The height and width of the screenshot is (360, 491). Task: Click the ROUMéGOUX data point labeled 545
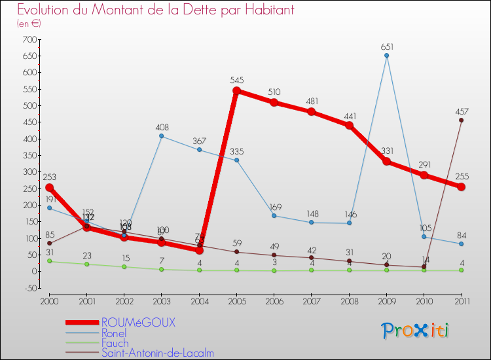click(x=236, y=91)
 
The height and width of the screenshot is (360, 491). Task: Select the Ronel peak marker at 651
click(x=386, y=56)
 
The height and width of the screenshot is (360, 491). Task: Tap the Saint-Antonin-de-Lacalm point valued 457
click(x=461, y=120)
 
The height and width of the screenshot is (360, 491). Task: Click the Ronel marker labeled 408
click(x=161, y=136)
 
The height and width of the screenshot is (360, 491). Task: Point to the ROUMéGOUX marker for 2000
click(x=49, y=187)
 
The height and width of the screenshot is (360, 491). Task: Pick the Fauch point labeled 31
click(x=49, y=261)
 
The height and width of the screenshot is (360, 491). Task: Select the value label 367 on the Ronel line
click(x=199, y=140)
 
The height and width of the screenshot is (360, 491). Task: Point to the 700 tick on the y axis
click(x=29, y=40)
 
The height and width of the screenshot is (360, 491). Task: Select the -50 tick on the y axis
click(x=29, y=288)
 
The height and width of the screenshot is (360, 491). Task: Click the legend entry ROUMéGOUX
click(x=139, y=323)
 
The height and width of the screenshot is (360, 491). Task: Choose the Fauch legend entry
click(x=115, y=343)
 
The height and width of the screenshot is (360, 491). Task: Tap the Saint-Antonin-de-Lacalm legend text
click(x=157, y=353)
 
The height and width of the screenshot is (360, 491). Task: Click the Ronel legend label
click(x=114, y=333)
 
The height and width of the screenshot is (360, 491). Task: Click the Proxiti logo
click(x=416, y=331)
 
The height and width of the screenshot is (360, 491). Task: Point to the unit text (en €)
click(x=29, y=24)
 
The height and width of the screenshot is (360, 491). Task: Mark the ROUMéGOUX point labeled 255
click(x=461, y=187)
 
